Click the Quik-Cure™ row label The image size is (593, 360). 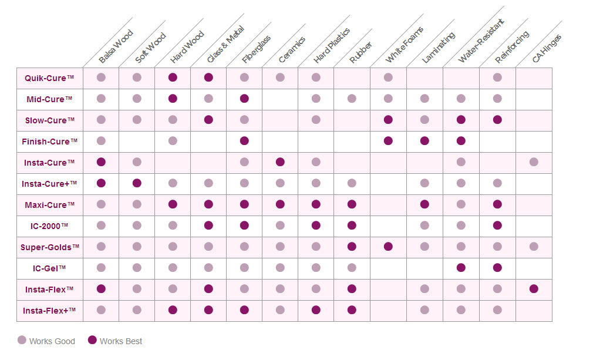[x=49, y=78]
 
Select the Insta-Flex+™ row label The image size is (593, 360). [x=49, y=311]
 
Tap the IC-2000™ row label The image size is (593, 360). [x=49, y=226]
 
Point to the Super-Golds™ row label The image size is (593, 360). [x=49, y=247]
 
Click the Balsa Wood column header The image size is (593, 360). [x=116, y=46]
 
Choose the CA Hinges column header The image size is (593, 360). [x=547, y=49]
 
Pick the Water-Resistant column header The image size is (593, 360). [x=480, y=42]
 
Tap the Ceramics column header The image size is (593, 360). [x=292, y=50]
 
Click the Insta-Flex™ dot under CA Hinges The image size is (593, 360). [x=534, y=288]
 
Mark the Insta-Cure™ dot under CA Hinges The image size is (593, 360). [x=534, y=162]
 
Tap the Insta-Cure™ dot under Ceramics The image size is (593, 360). [x=280, y=162]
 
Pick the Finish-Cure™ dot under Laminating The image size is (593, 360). [x=424, y=141]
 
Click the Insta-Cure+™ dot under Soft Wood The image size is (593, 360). [x=137, y=183]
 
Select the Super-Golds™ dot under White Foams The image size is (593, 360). [x=388, y=247]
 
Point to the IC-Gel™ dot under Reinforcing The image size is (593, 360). [x=497, y=268]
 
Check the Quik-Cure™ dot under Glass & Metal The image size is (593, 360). [x=208, y=78]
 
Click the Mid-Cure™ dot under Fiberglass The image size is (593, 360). [x=244, y=99]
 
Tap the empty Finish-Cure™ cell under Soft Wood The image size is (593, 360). [x=137, y=141]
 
